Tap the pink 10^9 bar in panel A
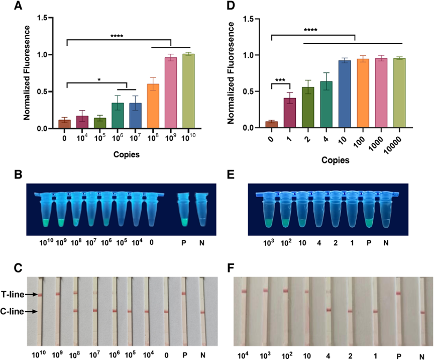(x=171, y=93)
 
